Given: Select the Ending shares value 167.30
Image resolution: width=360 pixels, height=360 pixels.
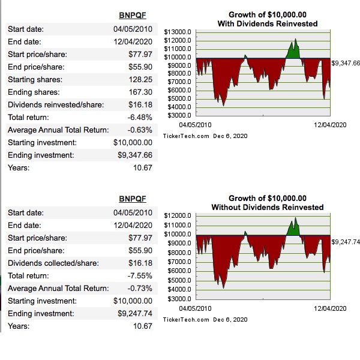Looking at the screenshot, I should pos(140,92).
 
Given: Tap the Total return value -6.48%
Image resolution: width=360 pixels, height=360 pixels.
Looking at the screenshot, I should pos(139,117).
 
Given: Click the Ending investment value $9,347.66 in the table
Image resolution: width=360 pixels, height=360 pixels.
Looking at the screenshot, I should pos(135,155).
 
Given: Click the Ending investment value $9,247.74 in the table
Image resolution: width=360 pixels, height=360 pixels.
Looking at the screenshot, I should pos(135,313).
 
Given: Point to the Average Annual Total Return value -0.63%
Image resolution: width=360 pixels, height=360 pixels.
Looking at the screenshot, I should pos(139,130).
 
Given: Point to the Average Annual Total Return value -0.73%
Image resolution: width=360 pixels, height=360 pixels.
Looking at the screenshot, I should pos(139,288).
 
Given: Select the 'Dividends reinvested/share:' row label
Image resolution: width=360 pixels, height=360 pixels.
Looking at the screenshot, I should pos(55,104).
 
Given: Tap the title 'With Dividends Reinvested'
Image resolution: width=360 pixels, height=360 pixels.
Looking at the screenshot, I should pos(268,23).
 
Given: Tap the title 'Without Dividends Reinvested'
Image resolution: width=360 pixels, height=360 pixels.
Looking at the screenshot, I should pos(268,207).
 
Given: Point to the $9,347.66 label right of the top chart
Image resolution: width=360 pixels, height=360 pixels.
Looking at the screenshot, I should pos(346,63).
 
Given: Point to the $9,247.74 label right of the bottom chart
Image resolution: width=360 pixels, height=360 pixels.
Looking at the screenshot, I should pos(346,242).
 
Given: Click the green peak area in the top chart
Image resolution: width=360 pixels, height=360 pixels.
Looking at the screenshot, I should pos(293,50).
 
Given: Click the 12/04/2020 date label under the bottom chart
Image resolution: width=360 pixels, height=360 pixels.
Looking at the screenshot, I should pos(330,308).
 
